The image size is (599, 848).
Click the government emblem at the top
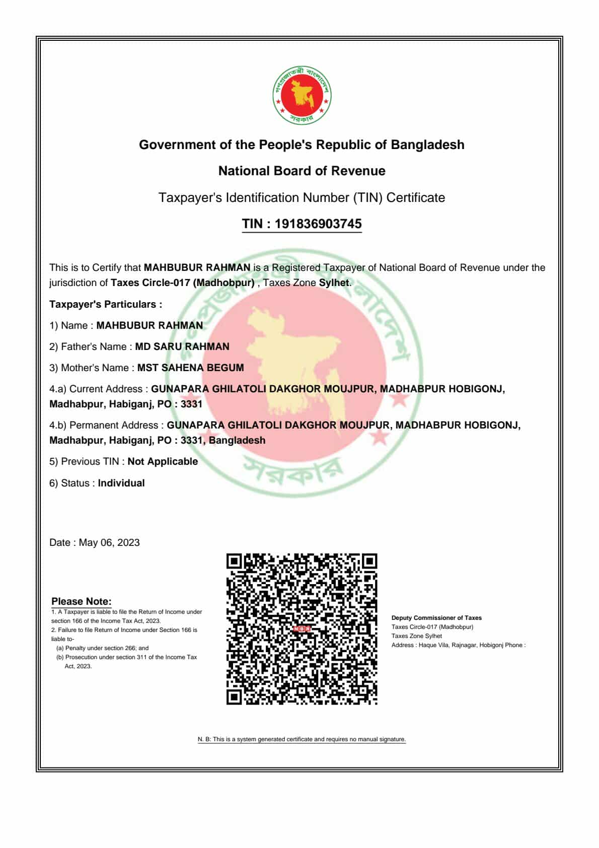click(x=302, y=96)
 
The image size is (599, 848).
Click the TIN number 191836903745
click(x=318, y=224)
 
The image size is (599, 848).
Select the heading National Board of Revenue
click(x=302, y=171)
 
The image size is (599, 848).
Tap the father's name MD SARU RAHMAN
click(x=182, y=346)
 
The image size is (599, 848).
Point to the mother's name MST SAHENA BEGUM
click(x=190, y=368)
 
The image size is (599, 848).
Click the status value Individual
click(x=121, y=483)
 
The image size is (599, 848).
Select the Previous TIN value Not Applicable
click(x=163, y=461)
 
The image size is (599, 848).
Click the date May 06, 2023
click(x=109, y=542)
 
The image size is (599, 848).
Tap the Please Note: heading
click(x=82, y=601)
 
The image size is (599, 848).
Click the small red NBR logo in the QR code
click(x=302, y=628)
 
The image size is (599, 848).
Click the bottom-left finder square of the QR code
click(x=234, y=697)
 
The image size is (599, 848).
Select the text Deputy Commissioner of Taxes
click(x=436, y=618)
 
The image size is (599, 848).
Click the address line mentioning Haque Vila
click(x=458, y=645)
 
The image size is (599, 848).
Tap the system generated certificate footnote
click(x=302, y=739)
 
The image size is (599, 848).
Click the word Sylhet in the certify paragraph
click(x=334, y=282)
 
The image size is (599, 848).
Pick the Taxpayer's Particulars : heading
click(x=106, y=304)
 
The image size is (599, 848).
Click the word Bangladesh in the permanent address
click(x=237, y=440)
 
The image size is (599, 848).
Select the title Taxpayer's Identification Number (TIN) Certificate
click(x=302, y=197)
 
